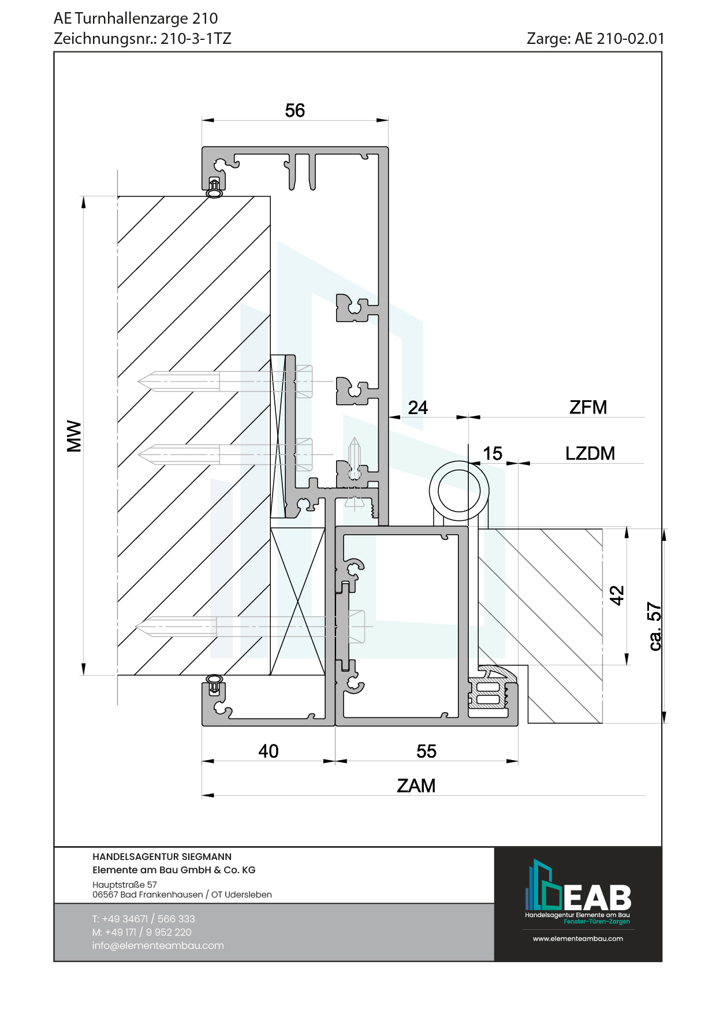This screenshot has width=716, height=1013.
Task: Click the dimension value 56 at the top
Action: point(294,110)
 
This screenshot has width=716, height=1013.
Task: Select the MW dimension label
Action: point(74,436)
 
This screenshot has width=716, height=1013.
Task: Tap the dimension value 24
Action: point(418,408)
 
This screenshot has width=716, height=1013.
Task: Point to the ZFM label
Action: point(588,407)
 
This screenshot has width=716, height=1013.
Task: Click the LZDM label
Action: point(590,453)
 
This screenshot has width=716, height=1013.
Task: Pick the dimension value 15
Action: point(493,453)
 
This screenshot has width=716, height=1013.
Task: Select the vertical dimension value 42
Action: point(617,595)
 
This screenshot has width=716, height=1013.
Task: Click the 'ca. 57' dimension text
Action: point(655,627)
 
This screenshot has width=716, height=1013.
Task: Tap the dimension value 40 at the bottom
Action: point(268,751)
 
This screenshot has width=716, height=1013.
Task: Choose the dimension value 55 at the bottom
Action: point(427,751)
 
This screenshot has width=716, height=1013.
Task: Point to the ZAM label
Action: point(416,785)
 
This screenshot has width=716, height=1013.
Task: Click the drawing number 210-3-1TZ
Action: point(196,39)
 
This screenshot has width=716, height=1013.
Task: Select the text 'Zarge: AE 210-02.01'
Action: point(595,39)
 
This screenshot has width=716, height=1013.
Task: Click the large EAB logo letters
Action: point(598,897)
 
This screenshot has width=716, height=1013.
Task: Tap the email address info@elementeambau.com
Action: point(158,945)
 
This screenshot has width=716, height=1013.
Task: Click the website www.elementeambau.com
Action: point(578,938)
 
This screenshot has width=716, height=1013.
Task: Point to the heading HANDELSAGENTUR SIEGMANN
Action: point(162,856)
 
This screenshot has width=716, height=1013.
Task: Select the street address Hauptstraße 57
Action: point(125,884)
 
